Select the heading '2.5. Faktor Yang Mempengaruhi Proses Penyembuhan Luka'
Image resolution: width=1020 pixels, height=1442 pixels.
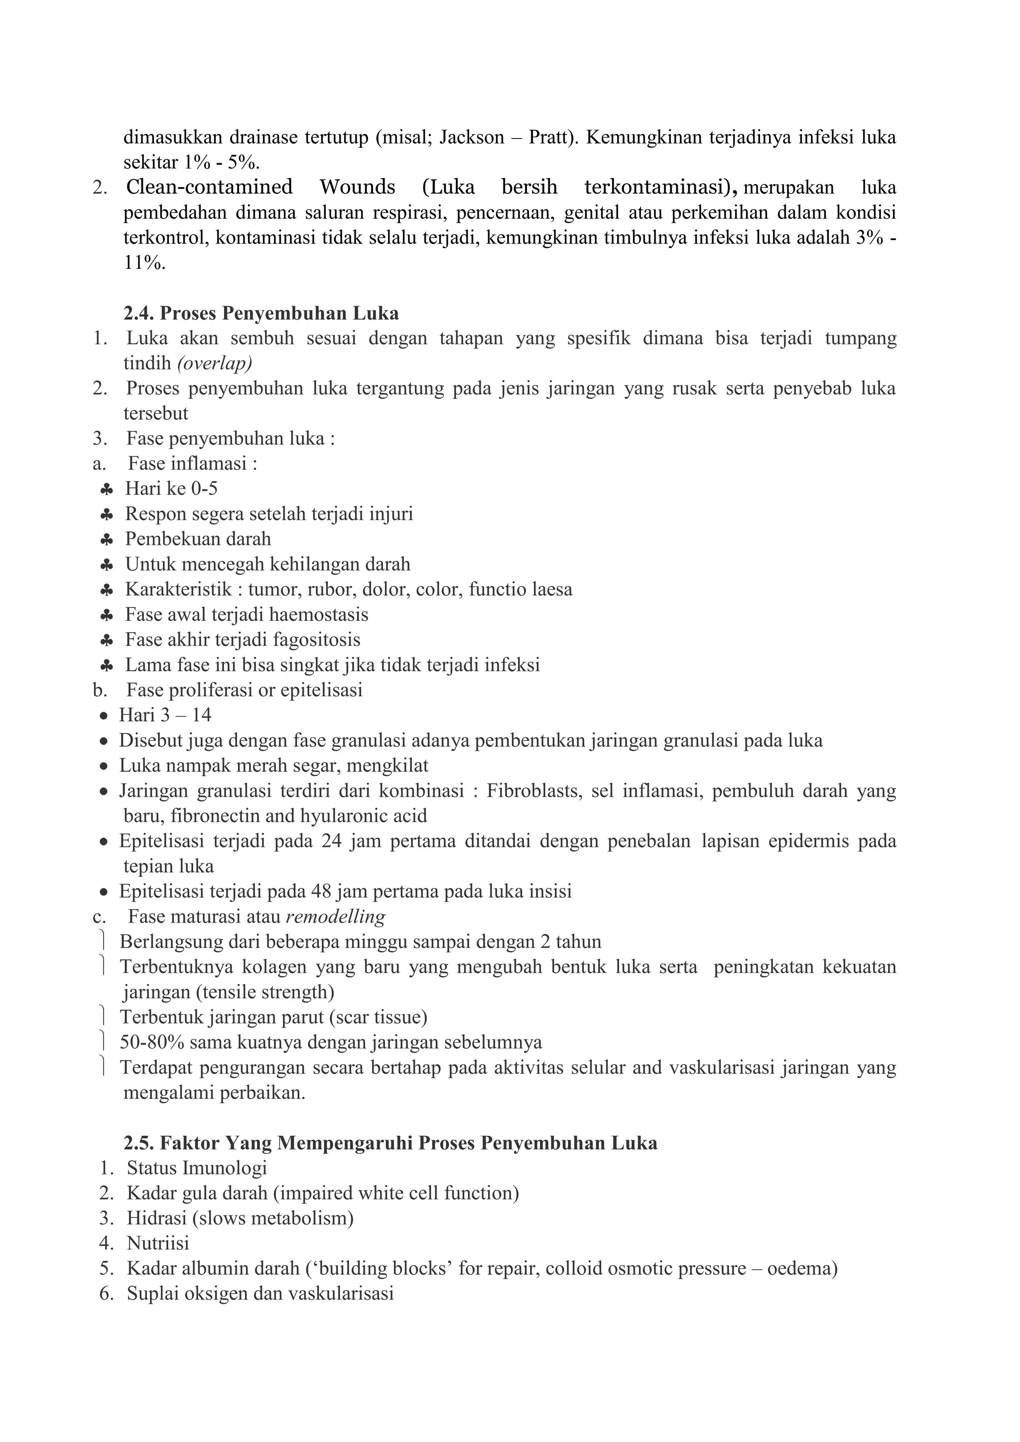(x=390, y=1142)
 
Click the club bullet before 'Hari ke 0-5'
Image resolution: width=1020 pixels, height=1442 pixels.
(x=107, y=489)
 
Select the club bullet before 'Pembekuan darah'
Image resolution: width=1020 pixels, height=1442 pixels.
(x=107, y=539)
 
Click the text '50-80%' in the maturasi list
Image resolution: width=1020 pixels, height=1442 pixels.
(x=151, y=1042)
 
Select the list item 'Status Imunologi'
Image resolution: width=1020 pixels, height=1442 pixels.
(x=197, y=1168)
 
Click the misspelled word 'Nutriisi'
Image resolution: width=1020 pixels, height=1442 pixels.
(x=158, y=1243)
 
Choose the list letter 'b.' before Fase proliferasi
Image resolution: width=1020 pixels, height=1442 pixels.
(x=100, y=690)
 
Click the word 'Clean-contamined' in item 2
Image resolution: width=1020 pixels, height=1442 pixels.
(x=209, y=187)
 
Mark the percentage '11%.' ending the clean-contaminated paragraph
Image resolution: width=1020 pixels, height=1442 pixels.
(x=144, y=262)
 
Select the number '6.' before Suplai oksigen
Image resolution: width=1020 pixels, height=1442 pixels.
(x=106, y=1293)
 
